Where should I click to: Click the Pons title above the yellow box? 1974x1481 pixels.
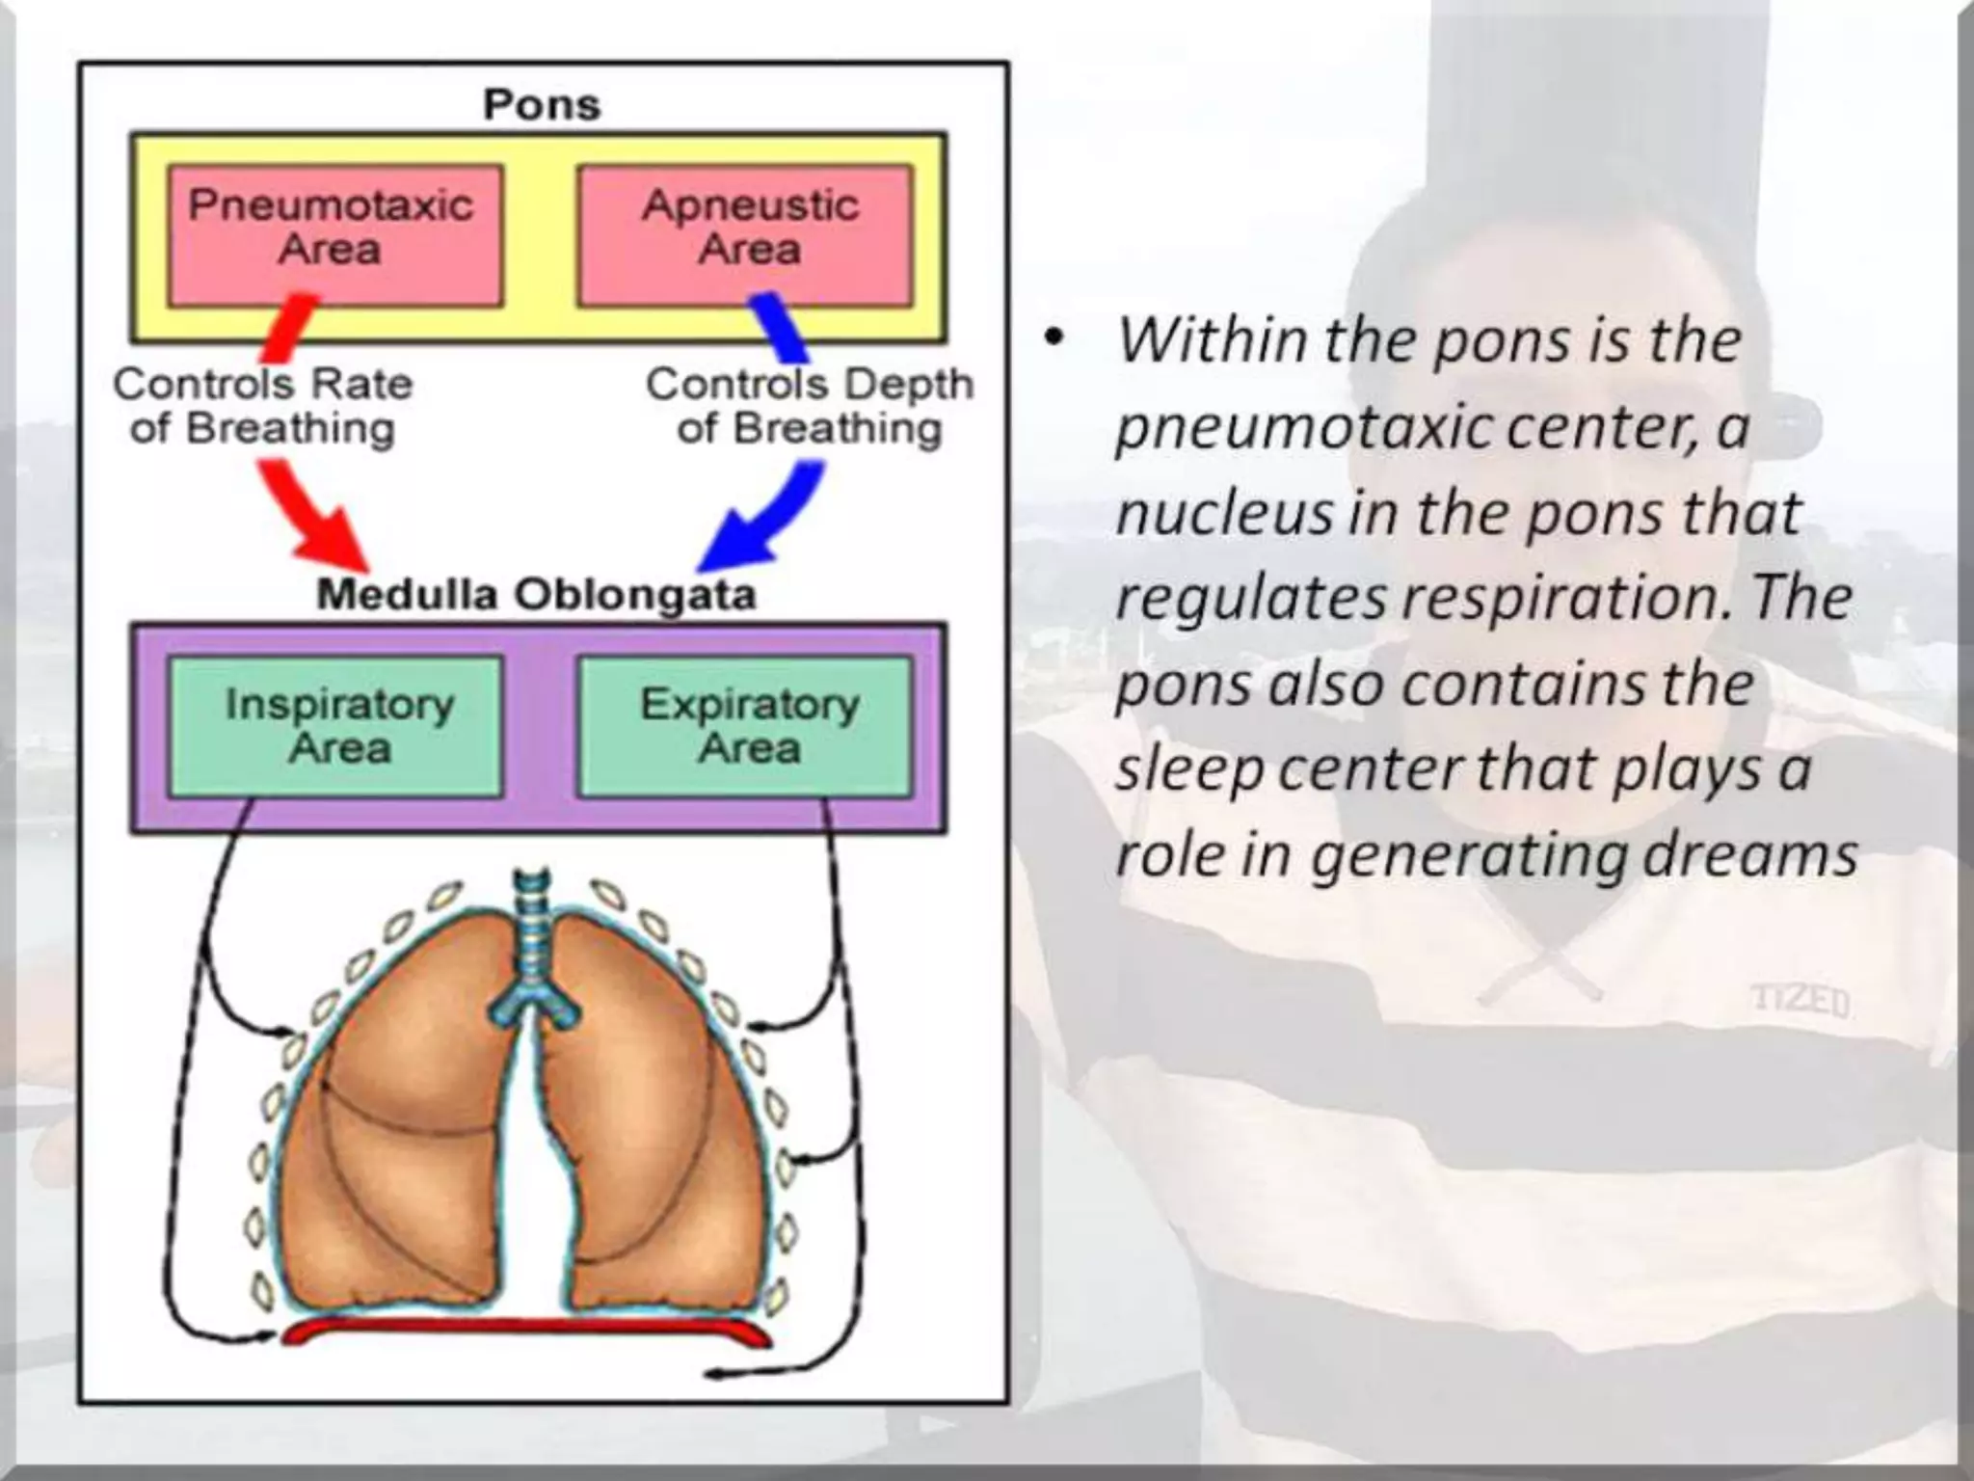(x=541, y=104)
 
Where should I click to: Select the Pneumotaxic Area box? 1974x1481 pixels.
(x=334, y=235)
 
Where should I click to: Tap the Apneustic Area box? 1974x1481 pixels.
(x=745, y=235)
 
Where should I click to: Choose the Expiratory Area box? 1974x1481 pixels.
(x=745, y=726)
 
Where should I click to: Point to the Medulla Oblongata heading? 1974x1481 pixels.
(x=536, y=594)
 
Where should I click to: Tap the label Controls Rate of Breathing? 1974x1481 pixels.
(x=262, y=406)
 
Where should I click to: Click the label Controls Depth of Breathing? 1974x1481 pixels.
(x=809, y=406)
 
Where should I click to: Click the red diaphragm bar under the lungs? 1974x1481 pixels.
(x=525, y=1332)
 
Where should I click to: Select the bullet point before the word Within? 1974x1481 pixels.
(x=1055, y=339)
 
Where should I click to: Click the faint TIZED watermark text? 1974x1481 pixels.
(x=1800, y=1001)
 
